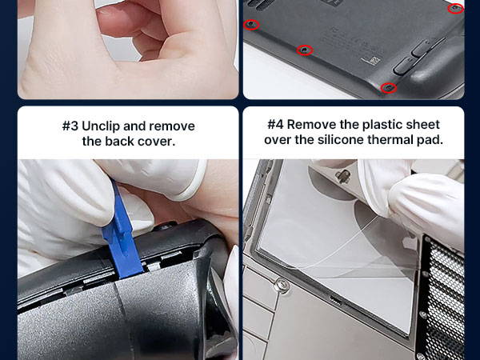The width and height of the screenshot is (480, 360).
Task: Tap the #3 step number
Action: [x=70, y=126]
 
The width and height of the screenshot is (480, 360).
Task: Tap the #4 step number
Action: [x=275, y=125]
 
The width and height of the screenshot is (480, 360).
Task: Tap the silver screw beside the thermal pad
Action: [x=281, y=286]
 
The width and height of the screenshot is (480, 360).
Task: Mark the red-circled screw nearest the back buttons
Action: [x=389, y=88]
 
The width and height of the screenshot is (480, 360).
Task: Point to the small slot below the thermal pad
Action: [x=336, y=300]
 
